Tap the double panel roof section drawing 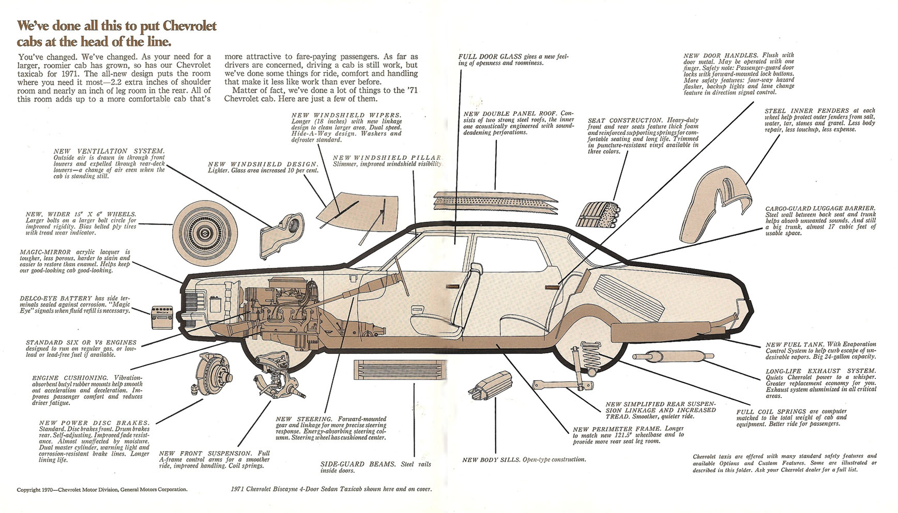pos(495,202)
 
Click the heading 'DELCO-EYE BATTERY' pos(55,298)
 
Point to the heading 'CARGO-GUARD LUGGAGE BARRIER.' pos(820,209)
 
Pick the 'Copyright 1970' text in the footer pos(36,489)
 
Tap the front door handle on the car pos(452,285)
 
